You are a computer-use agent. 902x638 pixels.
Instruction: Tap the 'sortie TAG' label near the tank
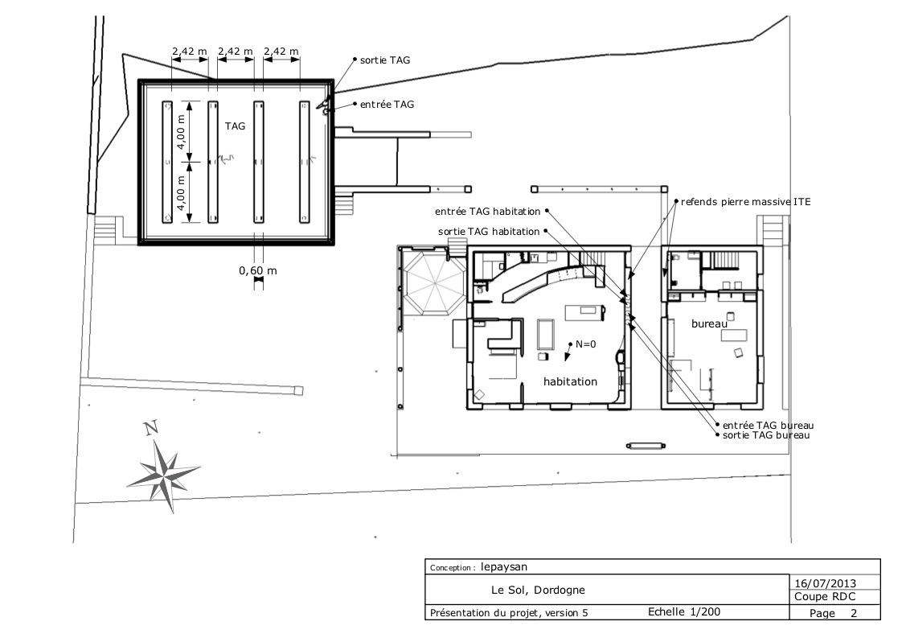(x=387, y=60)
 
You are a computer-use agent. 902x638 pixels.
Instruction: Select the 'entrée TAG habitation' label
(x=486, y=212)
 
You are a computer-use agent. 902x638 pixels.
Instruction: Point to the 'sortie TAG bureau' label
(x=766, y=435)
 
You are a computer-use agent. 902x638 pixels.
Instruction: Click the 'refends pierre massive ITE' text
(x=745, y=202)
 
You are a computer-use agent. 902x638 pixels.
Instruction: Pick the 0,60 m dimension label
(x=257, y=270)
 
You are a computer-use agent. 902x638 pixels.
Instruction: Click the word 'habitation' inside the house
(x=570, y=381)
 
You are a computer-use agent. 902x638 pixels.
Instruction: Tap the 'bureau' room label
(x=709, y=323)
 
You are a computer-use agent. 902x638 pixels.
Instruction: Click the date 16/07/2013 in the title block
(x=824, y=582)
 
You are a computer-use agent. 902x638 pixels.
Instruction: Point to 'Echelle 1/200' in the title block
(x=683, y=612)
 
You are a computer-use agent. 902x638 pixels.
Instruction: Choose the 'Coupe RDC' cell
(x=824, y=597)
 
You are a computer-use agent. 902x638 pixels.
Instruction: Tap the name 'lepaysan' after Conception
(x=505, y=566)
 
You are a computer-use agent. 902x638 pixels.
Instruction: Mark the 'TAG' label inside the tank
(x=235, y=126)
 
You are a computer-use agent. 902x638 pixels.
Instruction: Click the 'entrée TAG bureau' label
(x=769, y=425)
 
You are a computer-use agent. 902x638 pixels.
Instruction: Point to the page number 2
(x=853, y=613)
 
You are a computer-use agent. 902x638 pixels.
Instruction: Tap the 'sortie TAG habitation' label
(x=489, y=232)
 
